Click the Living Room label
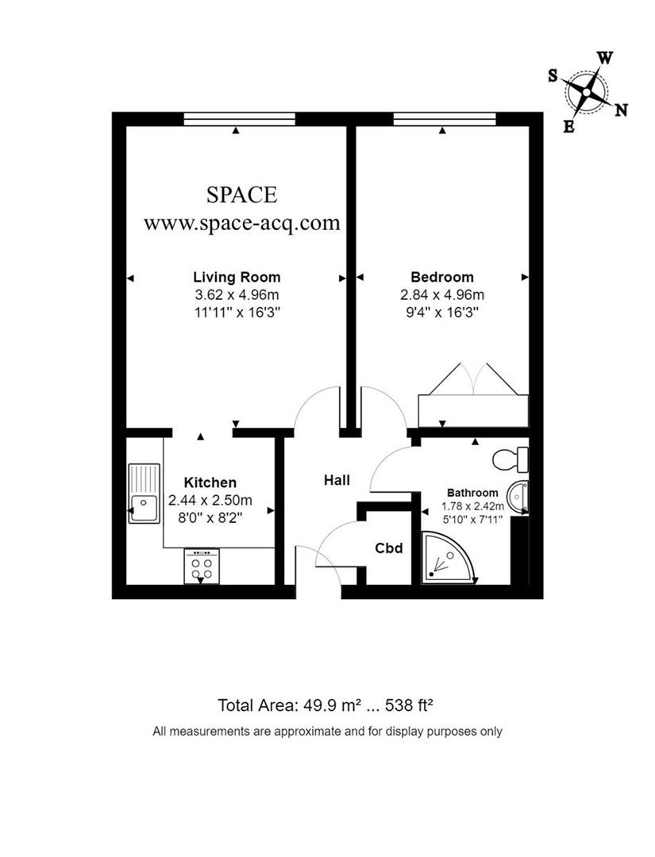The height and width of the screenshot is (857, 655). [237, 277]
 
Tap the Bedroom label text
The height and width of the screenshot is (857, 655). [441, 277]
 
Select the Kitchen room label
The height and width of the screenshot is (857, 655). [210, 482]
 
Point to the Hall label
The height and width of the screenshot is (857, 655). [337, 480]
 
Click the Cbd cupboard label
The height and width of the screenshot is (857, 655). [389, 548]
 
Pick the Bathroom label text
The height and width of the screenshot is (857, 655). [472, 492]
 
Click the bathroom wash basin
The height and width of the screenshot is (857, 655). [521, 497]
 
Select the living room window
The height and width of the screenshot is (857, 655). [239, 119]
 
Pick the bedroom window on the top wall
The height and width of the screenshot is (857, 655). [445, 119]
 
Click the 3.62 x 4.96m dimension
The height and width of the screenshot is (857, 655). [237, 295]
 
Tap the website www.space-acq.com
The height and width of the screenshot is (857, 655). [241, 223]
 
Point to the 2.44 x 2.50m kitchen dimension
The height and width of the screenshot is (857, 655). [210, 500]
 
